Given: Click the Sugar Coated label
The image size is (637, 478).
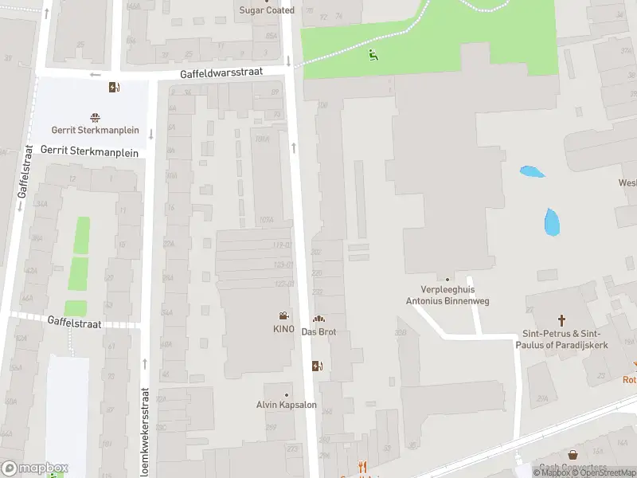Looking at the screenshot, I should click(x=268, y=10).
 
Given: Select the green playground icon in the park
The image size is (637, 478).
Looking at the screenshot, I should click(x=373, y=55).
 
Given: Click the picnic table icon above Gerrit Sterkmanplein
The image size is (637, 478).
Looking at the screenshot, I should click(x=96, y=116).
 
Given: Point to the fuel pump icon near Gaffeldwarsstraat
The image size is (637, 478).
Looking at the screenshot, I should click(x=115, y=88).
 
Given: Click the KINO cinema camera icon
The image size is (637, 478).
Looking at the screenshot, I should click(x=283, y=316).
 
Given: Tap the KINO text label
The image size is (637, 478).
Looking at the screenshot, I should click(x=283, y=329).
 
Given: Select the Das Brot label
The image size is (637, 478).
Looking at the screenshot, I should click(x=318, y=331).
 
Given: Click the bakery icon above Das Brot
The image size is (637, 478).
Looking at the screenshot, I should click(x=318, y=319).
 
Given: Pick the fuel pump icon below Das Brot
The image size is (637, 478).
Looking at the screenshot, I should click(x=318, y=366).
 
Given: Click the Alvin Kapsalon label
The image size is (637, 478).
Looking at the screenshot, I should click(x=287, y=405).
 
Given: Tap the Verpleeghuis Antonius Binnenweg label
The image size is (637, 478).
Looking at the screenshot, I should click(x=447, y=296).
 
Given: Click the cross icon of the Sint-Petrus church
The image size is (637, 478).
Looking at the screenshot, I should click(x=563, y=320).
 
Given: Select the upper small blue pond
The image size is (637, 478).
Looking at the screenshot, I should click(x=531, y=171).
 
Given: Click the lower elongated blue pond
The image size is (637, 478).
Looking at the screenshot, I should click(x=551, y=221).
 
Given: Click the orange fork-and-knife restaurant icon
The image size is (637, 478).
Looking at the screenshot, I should click(x=363, y=468).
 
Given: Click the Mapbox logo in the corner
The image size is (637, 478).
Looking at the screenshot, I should click(x=35, y=468).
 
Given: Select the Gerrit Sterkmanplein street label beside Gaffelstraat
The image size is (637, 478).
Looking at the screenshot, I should click(x=89, y=151).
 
